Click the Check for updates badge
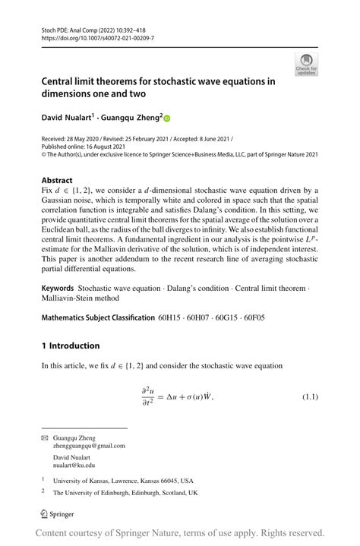[307, 65]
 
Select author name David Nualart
[66, 118]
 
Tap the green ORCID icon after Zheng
[167, 118]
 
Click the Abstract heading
[57, 181]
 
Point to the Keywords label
[57, 289]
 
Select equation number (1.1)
[310, 396]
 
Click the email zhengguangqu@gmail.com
[89, 447]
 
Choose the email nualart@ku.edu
[74, 466]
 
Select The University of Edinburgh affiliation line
[125, 492]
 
